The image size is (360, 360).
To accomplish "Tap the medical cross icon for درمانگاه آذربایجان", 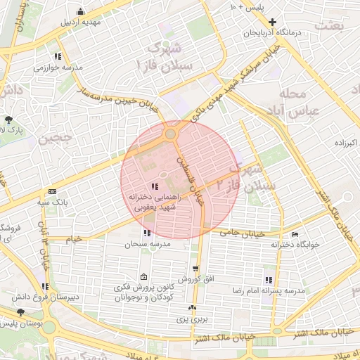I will coord(282,22).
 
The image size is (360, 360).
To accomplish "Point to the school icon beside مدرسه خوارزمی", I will coord(58,56).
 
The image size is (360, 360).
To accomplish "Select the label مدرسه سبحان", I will coord(145,244).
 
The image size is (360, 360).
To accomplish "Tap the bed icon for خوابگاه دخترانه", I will coord(295,234).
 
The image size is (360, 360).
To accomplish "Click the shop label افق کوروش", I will coord(194,278).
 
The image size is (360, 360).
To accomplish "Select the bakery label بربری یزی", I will coord(193,319).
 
